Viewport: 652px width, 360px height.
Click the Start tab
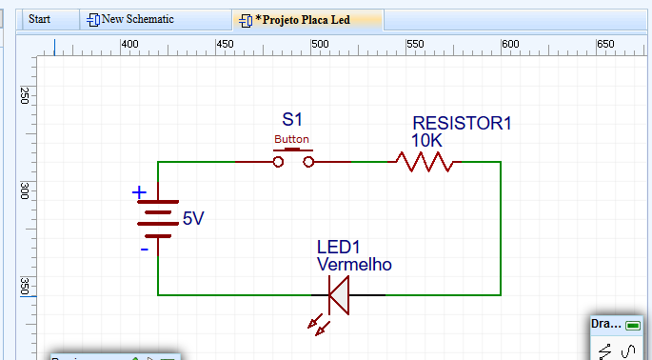[x=39, y=19]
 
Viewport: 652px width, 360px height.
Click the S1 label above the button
[x=292, y=120]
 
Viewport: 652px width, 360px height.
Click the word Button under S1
[x=291, y=139]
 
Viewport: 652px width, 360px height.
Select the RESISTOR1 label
[x=462, y=123]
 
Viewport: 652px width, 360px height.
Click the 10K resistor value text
[x=426, y=140]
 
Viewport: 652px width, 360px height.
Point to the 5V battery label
[x=192, y=219]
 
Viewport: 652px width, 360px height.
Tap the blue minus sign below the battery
[x=144, y=250]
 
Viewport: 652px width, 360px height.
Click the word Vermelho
[x=354, y=265]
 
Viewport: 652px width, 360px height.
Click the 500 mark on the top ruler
[x=320, y=45]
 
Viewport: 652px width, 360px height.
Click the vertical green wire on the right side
[x=501, y=229]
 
